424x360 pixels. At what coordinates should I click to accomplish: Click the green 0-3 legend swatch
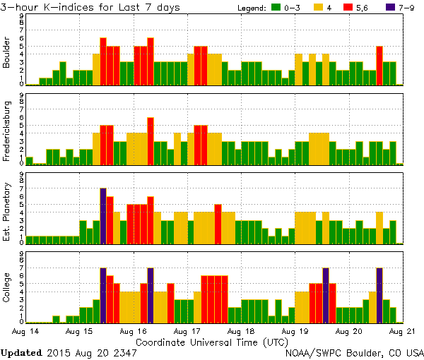click(277, 7)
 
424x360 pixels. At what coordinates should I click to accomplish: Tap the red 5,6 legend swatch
click(358, 7)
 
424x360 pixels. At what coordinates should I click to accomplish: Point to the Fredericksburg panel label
click(7, 130)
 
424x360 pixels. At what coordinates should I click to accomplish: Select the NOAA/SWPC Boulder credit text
click(353, 352)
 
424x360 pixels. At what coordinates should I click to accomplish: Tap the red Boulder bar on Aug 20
click(379, 66)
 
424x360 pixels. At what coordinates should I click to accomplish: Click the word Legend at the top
click(249, 7)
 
